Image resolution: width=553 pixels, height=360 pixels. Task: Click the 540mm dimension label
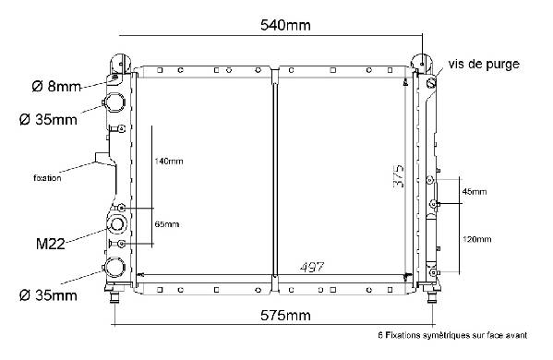285,25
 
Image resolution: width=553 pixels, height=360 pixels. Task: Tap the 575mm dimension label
285,315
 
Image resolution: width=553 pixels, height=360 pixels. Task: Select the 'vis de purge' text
484,64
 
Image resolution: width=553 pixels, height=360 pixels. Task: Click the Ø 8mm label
56,86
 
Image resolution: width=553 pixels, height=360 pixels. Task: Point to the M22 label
51,244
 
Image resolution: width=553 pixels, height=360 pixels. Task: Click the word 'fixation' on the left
47,178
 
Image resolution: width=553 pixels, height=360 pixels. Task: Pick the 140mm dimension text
169,162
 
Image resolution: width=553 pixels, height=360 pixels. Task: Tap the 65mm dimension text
167,224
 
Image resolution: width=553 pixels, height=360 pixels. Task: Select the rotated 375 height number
399,175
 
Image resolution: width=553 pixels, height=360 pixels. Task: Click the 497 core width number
312,267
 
